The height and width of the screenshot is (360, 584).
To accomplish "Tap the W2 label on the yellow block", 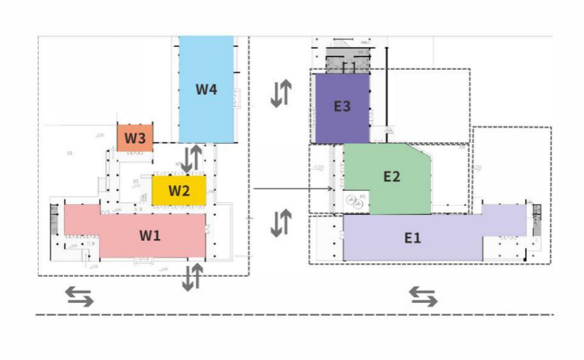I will (x=179, y=190).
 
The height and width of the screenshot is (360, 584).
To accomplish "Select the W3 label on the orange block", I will (x=135, y=138).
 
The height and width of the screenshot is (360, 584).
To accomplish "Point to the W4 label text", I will (x=206, y=89).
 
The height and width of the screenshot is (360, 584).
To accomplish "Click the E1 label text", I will (x=412, y=238).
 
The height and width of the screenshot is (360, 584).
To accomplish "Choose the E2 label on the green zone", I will (x=391, y=177).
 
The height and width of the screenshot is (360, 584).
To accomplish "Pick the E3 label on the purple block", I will (x=342, y=106).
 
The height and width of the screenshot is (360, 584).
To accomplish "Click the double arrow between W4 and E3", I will (x=280, y=94).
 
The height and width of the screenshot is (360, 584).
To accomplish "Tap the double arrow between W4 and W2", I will (x=191, y=158).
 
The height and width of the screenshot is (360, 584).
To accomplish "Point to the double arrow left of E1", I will (x=280, y=223).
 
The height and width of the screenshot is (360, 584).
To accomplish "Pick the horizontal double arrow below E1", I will (x=423, y=295).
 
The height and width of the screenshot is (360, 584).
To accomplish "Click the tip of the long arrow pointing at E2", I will (x=332, y=188).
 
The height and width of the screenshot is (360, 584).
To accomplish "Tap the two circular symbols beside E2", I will (x=354, y=202).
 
